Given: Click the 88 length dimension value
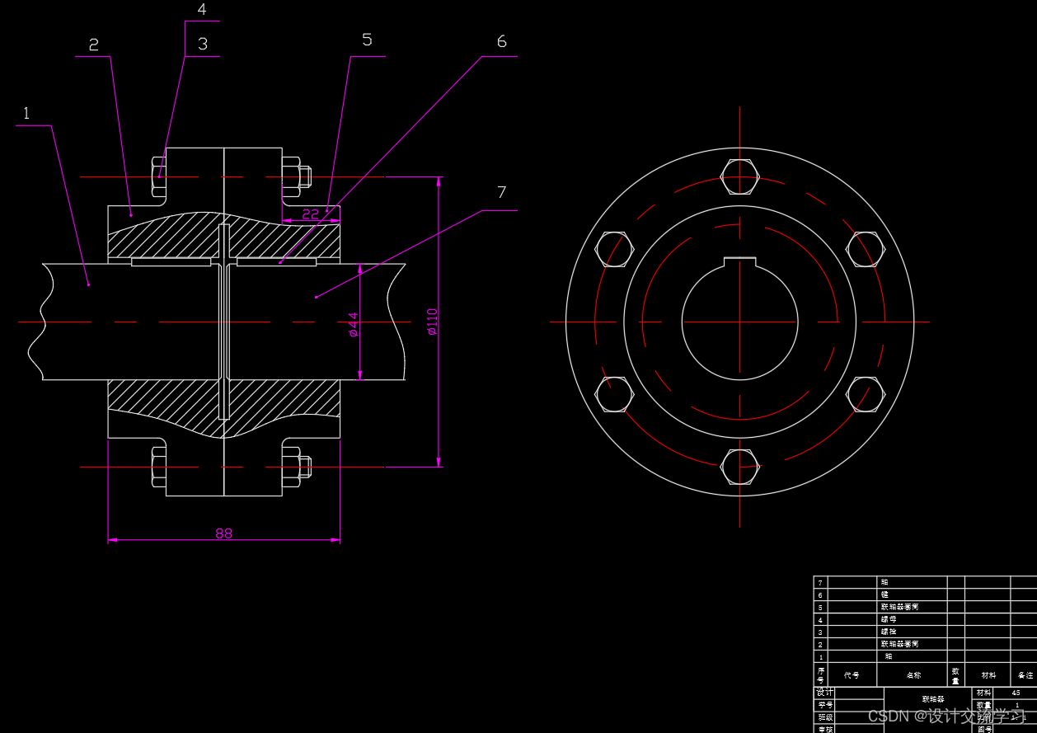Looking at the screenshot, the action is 224,533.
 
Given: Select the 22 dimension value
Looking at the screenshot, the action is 310,214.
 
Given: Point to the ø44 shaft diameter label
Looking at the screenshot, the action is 354,324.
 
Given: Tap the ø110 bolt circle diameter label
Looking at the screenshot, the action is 432,322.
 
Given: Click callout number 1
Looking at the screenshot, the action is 26,113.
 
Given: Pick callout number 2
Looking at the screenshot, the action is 93,45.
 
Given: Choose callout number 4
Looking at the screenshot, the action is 202,10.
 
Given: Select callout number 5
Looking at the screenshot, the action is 367,40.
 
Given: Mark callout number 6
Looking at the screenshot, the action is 501,41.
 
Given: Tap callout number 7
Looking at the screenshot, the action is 501,192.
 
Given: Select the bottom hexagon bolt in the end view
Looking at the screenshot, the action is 739,467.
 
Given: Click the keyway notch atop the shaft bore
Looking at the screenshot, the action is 739,261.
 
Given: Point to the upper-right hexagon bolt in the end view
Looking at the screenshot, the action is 866,249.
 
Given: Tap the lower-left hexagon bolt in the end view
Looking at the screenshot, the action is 614,394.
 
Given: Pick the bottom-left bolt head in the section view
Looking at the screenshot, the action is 158,467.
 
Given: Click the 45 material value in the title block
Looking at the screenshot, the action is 1015,693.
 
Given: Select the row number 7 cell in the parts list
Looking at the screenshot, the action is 820,582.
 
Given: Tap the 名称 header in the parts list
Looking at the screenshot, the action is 913,675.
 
